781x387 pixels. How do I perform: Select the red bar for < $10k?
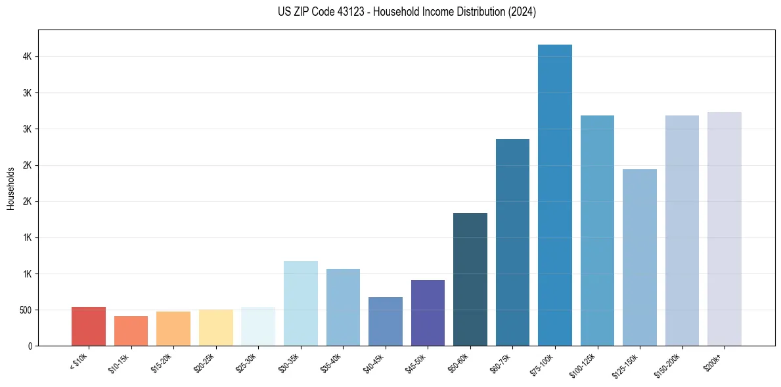[89, 326]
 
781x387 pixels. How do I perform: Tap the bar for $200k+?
[725, 229]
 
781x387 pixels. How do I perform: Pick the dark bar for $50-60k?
[470, 279]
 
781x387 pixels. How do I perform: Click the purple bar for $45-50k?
[428, 313]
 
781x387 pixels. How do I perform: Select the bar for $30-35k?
[301, 303]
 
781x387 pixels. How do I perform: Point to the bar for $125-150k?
[640, 257]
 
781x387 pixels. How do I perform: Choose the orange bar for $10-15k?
[131, 331]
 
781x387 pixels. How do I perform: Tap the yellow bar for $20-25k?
[215, 327]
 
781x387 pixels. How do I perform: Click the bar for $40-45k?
[386, 321]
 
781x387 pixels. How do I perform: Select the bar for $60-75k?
[512, 242]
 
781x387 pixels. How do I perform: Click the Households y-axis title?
[11, 188]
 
